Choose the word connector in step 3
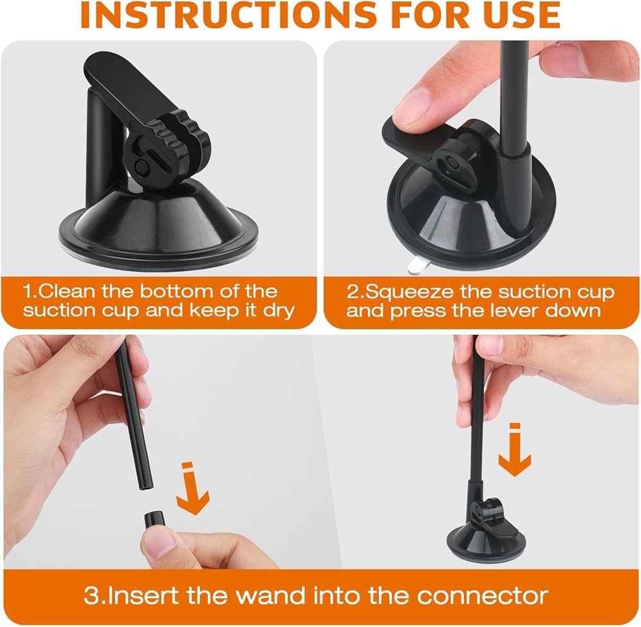click(x=483, y=596)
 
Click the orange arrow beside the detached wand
click(x=192, y=489)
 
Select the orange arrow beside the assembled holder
click(x=515, y=450)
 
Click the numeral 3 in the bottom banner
click(x=92, y=596)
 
